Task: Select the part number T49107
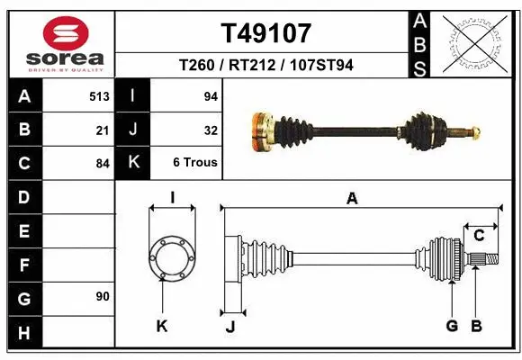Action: pyautogui.click(x=266, y=33)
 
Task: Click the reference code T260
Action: pyautogui.click(x=196, y=65)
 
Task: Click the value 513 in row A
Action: pyautogui.click(x=99, y=95)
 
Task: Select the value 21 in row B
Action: pyautogui.click(x=103, y=130)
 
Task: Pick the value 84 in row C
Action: pyautogui.click(x=103, y=164)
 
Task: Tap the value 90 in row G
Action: pyautogui.click(x=103, y=296)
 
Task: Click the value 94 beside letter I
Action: pyautogui.click(x=211, y=95)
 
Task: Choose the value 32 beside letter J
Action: pyautogui.click(x=211, y=130)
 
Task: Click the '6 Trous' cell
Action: pyautogui.click(x=194, y=163)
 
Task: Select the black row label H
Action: pyautogui.click(x=24, y=334)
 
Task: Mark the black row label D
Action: pyautogui.click(x=24, y=196)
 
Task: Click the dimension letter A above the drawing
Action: pyautogui.click(x=352, y=199)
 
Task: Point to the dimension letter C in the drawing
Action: pyautogui.click(x=480, y=236)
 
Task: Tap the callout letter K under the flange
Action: pyautogui.click(x=162, y=326)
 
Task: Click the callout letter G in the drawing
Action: pyautogui.click(x=452, y=326)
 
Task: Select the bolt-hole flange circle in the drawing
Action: pyautogui.click(x=171, y=257)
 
